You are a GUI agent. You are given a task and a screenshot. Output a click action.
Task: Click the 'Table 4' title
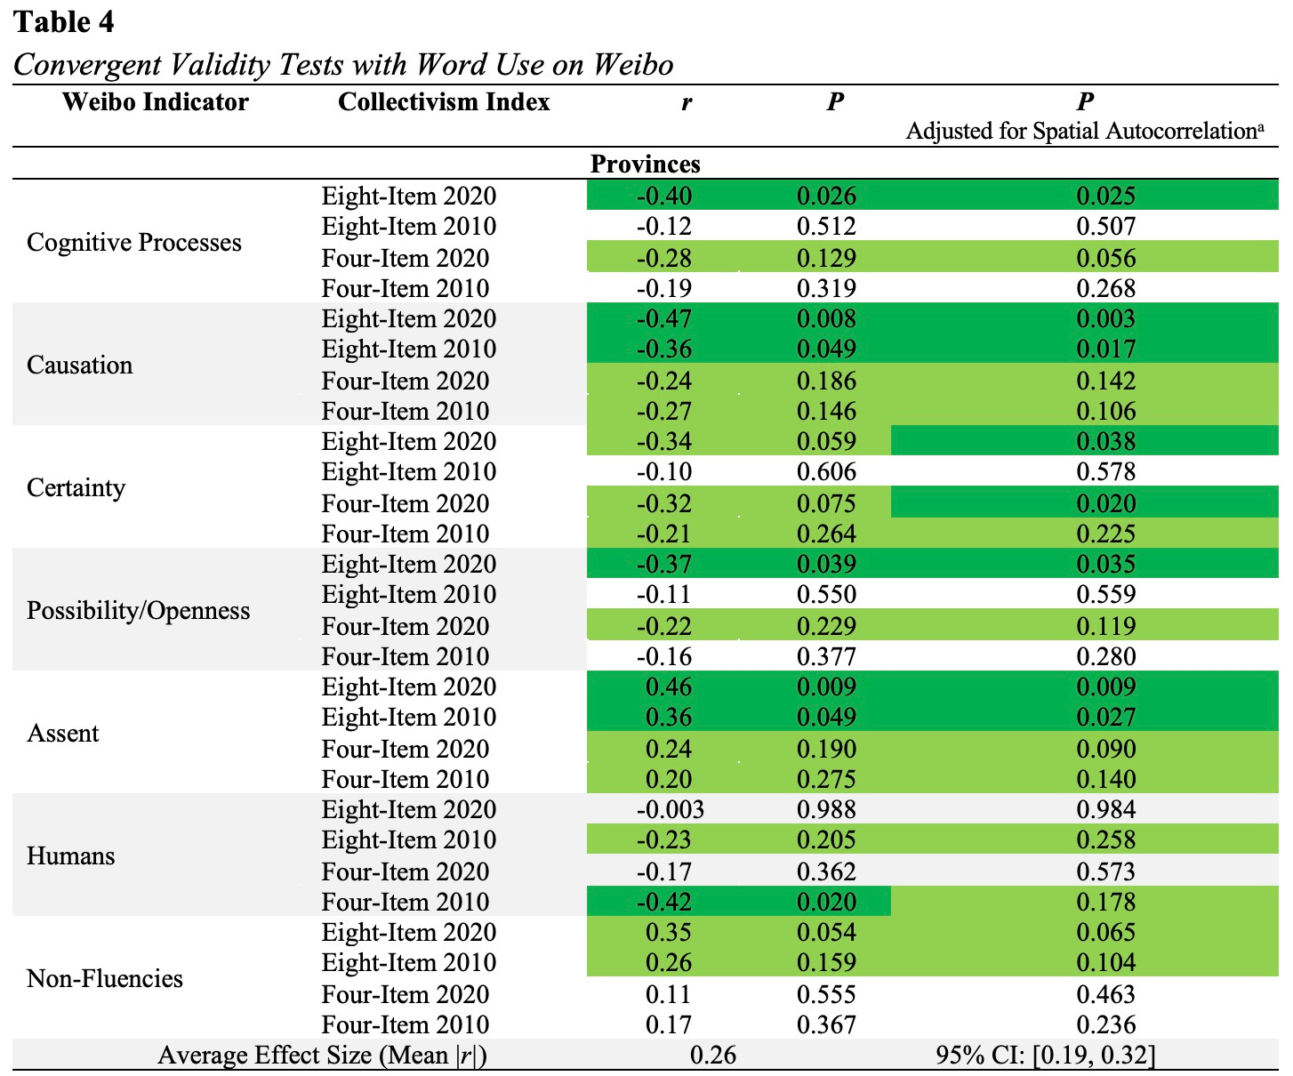tap(64, 22)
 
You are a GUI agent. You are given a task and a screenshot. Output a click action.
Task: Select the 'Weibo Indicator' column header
tap(156, 102)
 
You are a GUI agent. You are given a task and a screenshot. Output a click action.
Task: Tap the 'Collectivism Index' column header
tap(444, 102)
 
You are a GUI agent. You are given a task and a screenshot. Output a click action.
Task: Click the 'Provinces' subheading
tap(645, 165)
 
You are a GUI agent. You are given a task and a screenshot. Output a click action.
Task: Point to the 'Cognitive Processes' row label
tap(134, 243)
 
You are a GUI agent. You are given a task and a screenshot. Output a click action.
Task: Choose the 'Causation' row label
tap(80, 365)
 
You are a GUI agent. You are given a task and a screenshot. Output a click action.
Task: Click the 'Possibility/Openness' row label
tap(139, 611)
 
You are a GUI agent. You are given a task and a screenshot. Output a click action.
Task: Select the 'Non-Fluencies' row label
tap(105, 979)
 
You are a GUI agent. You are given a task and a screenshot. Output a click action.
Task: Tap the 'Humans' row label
tap(71, 856)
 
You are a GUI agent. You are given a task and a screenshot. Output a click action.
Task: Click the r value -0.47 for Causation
tap(664, 319)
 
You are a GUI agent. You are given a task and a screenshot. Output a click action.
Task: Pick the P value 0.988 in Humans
tap(826, 810)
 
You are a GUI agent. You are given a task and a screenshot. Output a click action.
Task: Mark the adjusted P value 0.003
tap(1105, 319)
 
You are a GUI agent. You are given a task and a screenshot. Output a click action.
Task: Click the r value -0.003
tap(670, 810)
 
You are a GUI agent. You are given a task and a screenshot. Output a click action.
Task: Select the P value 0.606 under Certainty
tap(826, 472)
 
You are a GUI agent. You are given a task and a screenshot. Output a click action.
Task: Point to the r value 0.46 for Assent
tap(669, 687)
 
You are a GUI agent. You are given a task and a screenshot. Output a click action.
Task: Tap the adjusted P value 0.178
tap(1105, 903)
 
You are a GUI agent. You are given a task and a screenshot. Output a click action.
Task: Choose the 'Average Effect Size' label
tap(322, 1056)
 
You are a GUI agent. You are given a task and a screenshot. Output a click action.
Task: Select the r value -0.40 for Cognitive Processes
tap(664, 197)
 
